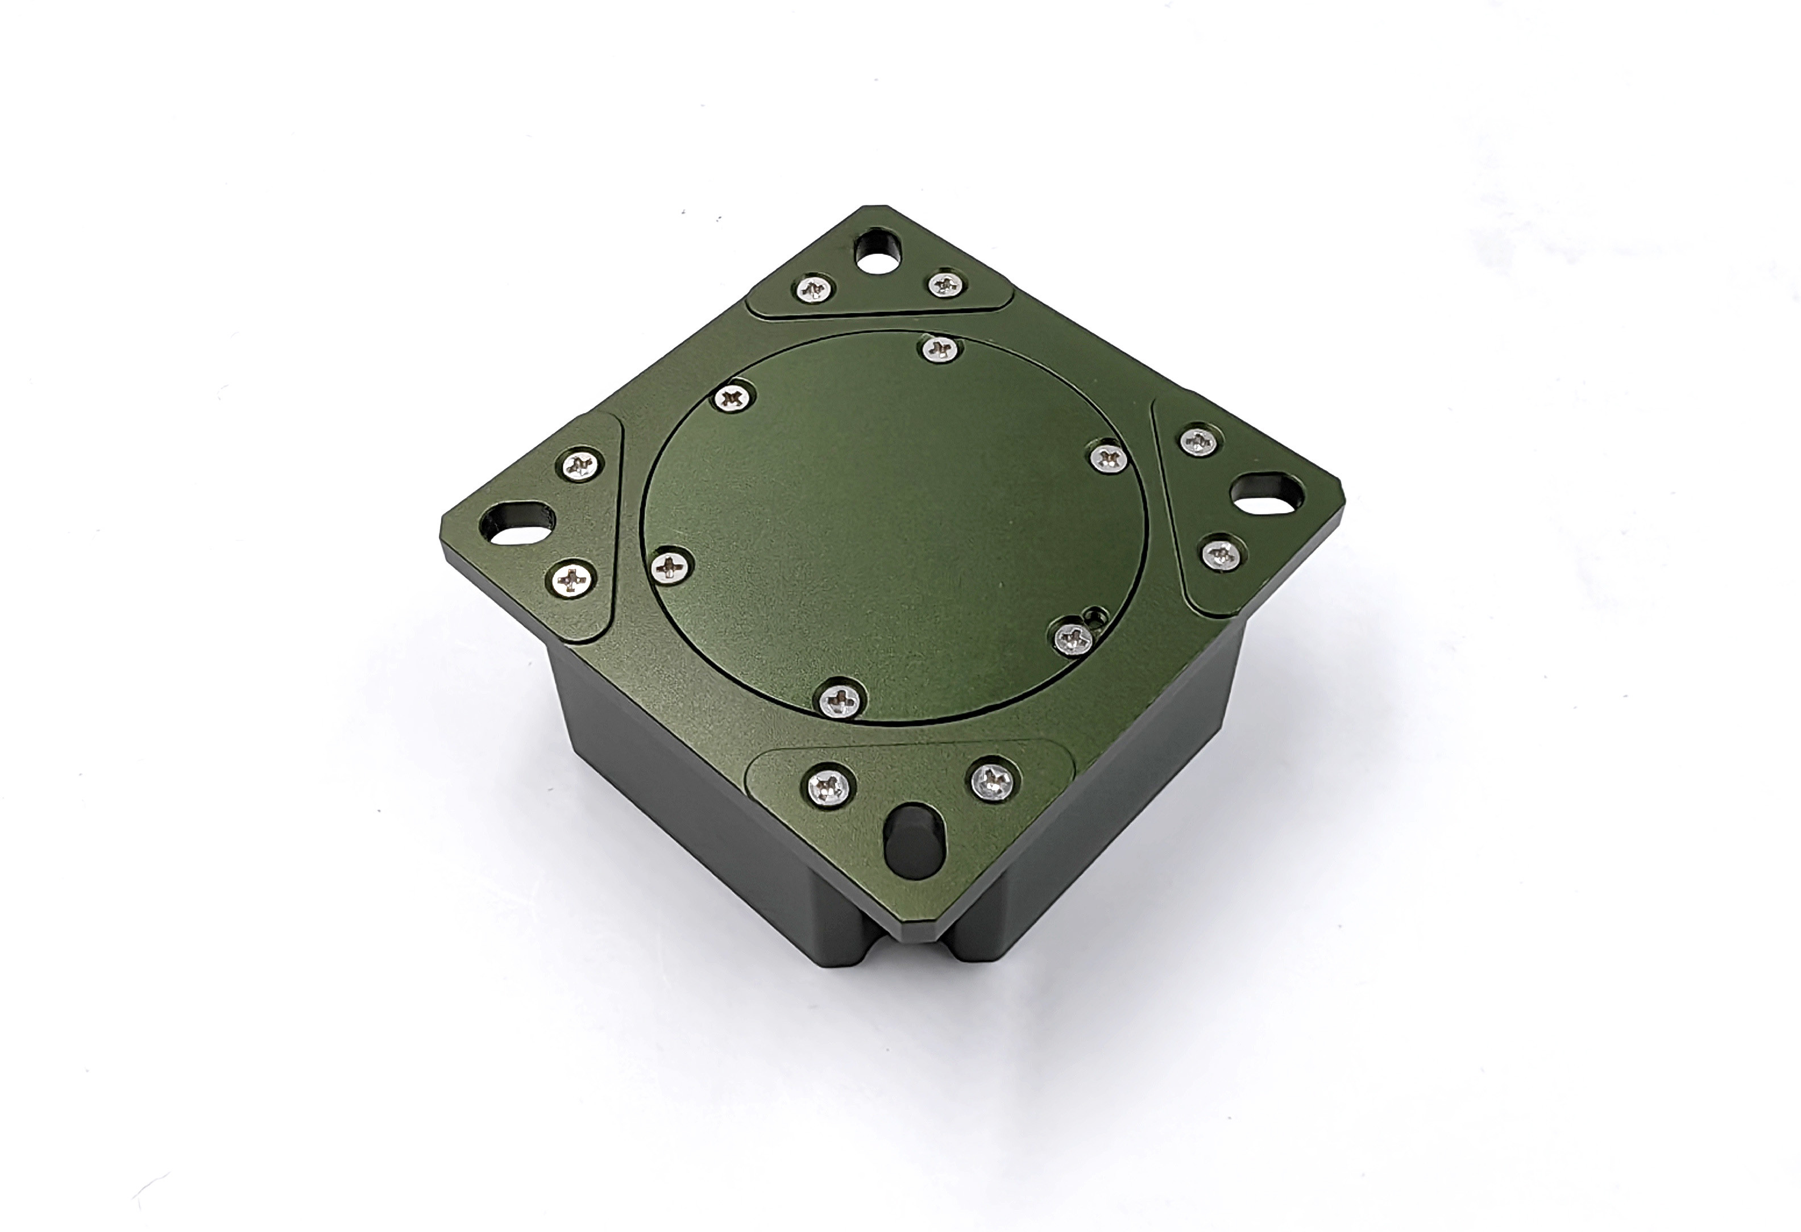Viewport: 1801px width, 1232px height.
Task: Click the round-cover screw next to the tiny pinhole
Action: pyautogui.click(x=1073, y=637)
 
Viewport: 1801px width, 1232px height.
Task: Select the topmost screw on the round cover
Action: pyautogui.click(x=940, y=349)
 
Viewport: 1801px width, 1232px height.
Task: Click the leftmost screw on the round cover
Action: pyautogui.click(x=670, y=568)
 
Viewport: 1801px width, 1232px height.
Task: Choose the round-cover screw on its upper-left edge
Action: pyautogui.click(x=732, y=399)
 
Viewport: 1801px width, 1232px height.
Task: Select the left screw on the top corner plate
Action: pyautogui.click(x=815, y=290)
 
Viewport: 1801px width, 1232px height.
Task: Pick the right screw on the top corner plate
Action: pyautogui.click(x=945, y=284)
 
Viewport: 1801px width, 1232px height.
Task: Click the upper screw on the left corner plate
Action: pyautogui.click(x=580, y=465)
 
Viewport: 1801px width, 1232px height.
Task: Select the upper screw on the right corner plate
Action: pyautogui.click(x=1197, y=441)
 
